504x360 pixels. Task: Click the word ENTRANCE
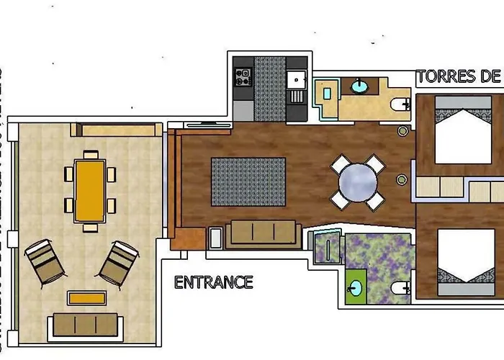tap(214, 282)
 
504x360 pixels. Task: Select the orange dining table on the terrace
tap(90, 190)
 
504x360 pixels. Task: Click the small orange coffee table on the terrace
tap(88, 297)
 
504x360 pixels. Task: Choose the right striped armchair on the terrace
tap(120, 264)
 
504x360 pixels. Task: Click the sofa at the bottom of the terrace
tap(85, 325)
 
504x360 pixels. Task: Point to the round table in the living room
tap(358, 183)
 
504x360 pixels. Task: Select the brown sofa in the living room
tap(263, 233)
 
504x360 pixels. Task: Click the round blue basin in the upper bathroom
tap(359, 87)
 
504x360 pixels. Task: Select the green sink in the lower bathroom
tap(355, 289)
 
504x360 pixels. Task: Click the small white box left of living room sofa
tap(215, 238)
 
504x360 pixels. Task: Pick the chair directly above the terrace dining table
tap(90, 155)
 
